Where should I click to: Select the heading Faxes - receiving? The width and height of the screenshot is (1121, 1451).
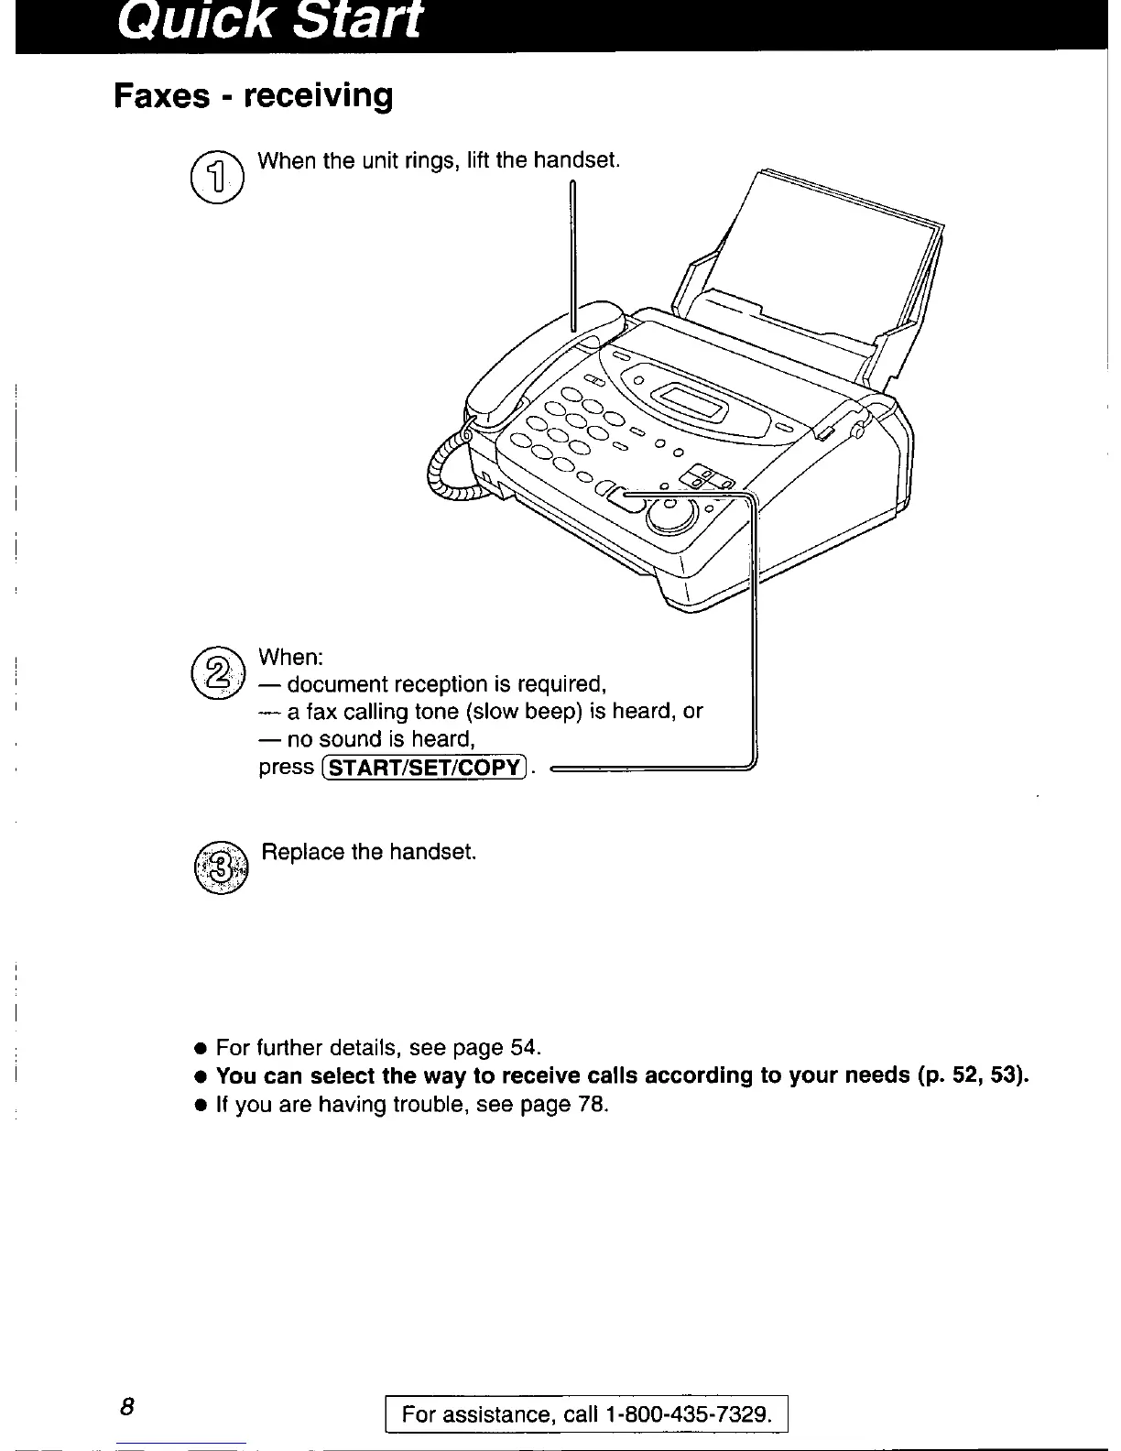tap(253, 95)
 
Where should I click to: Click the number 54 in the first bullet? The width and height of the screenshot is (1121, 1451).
tap(522, 1047)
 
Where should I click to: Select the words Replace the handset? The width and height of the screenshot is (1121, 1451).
tap(369, 852)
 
